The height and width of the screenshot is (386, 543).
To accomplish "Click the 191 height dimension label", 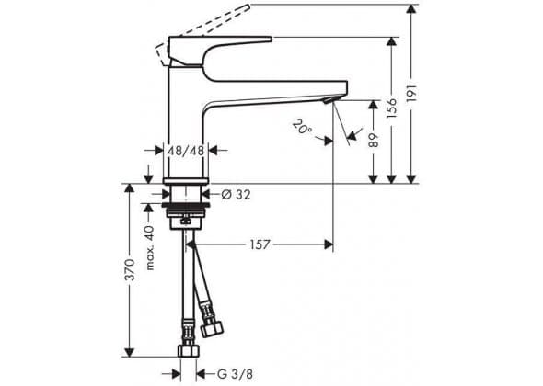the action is (x=411, y=92).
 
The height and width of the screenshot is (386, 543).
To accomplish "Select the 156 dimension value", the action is (x=392, y=108).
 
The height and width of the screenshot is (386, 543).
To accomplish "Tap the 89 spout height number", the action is (x=374, y=140).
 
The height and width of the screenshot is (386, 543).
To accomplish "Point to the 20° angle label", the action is (x=302, y=126).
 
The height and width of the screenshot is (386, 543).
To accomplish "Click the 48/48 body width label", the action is (x=186, y=151).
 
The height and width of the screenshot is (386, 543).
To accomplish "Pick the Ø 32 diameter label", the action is (x=236, y=195).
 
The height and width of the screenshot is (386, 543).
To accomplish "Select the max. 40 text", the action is (x=150, y=247).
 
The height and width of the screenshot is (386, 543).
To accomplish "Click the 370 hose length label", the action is (x=130, y=270).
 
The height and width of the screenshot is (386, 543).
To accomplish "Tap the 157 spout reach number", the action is (x=260, y=244).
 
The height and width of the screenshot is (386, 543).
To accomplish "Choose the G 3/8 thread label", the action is (x=235, y=374).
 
